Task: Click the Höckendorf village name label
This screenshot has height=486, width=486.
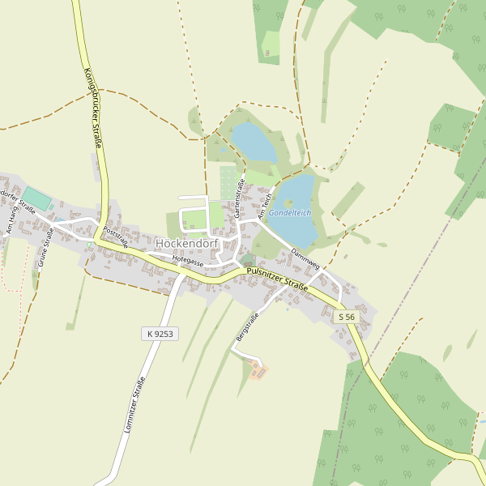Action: click(x=186, y=244)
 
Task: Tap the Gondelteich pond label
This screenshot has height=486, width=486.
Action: click(x=290, y=212)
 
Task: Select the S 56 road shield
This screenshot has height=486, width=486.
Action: click(x=347, y=317)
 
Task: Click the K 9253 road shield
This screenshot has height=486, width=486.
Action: click(x=160, y=333)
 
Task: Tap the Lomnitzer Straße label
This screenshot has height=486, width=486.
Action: click(x=134, y=406)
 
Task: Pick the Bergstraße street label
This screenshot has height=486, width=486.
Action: click(x=246, y=326)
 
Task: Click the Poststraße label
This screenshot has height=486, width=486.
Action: click(x=116, y=237)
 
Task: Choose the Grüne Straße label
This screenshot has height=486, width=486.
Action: click(x=44, y=248)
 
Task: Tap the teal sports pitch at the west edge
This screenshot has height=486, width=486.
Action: click(x=36, y=198)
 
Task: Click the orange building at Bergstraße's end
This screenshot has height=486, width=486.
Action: click(x=259, y=371)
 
